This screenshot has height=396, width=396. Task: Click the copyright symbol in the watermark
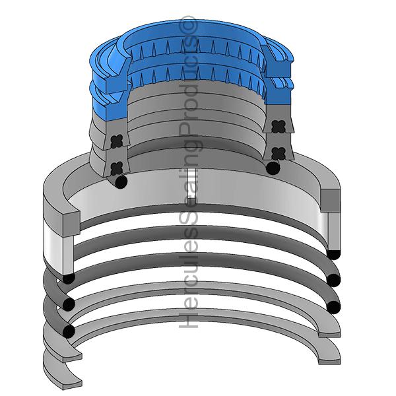(x=188, y=24)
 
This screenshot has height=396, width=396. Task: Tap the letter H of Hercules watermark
(x=188, y=319)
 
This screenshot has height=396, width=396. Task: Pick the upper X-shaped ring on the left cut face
(x=117, y=141)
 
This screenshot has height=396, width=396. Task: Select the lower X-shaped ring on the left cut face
(x=117, y=168)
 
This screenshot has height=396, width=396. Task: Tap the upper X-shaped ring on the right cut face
(x=279, y=127)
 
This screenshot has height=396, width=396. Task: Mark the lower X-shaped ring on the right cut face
(x=279, y=154)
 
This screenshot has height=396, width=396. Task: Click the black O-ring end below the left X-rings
(x=121, y=181)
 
